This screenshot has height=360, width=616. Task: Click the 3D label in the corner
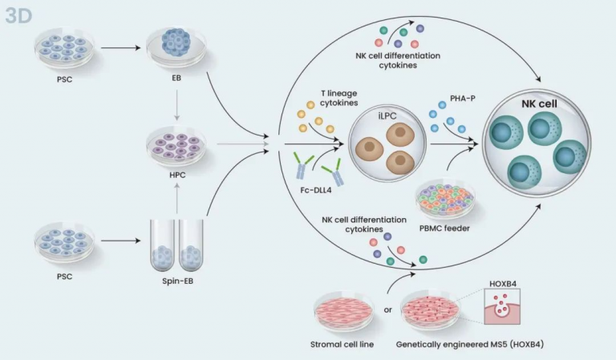(17, 15)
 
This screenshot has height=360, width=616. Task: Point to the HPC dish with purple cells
(176, 145)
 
